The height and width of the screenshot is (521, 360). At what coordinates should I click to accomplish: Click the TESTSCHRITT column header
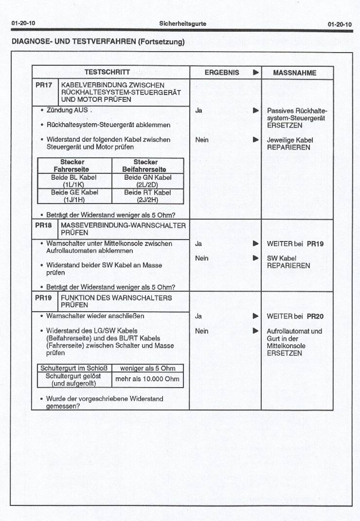click(107, 73)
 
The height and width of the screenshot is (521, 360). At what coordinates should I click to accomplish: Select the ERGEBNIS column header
click(221, 73)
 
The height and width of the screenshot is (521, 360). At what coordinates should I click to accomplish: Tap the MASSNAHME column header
click(294, 73)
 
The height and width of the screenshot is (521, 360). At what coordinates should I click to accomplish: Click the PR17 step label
click(44, 85)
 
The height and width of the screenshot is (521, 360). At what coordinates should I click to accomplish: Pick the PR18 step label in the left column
click(44, 226)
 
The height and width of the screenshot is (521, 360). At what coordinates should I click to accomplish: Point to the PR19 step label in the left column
click(44, 298)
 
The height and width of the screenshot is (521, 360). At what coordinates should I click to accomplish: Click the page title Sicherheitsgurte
click(182, 23)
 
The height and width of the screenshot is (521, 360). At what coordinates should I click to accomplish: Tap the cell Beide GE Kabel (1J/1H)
click(74, 196)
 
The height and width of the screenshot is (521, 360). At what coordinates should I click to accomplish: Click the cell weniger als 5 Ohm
click(147, 368)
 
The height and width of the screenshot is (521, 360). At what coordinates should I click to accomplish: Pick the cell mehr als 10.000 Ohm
click(147, 379)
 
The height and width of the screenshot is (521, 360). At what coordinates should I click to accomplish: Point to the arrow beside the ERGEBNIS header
click(255, 73)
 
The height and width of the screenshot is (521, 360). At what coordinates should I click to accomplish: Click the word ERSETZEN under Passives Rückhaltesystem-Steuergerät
click(285, 125)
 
